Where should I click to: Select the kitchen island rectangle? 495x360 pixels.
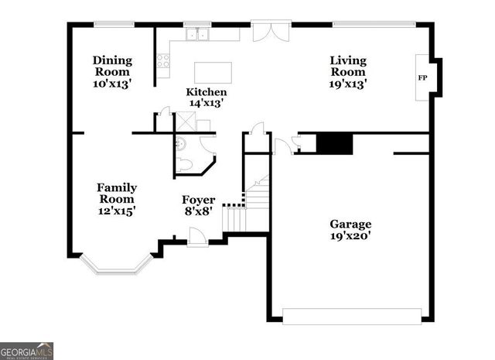214,72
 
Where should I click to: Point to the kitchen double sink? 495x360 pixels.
199,34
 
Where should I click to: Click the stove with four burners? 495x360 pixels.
163,60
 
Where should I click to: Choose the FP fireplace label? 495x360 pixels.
423,78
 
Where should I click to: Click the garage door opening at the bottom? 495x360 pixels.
353,316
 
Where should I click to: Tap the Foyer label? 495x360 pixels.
198,200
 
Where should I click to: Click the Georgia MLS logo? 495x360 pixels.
27,351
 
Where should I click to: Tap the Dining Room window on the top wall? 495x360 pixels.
114,23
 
